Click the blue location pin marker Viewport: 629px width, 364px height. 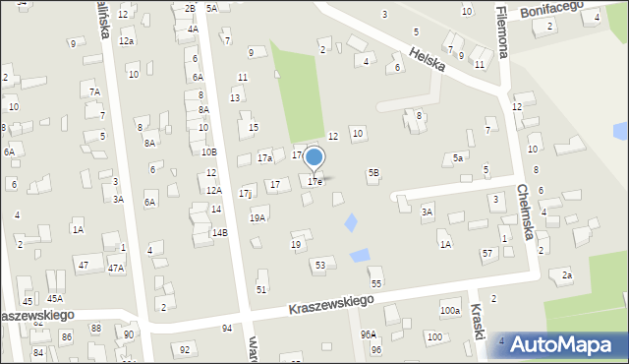(x=314, y=157)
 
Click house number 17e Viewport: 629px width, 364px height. (x=314, y=182)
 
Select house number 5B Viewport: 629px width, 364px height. (x=373, y=173)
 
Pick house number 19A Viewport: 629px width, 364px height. (x=257, y=218)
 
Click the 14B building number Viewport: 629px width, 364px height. (x=219, y=232)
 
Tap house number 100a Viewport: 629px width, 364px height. (x=449, y=311)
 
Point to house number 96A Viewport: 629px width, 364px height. (x=368, y=334)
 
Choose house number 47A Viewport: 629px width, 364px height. (x=116, y=268)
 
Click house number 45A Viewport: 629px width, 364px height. (x=55, y=298)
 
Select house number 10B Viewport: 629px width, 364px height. (x=208, y=152)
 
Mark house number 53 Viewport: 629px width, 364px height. (x=320, y=266)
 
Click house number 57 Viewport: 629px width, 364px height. (x=487, y=254)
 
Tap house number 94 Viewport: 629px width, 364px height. (x=227, y=328)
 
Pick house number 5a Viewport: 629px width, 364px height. (x=458, y=157)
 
